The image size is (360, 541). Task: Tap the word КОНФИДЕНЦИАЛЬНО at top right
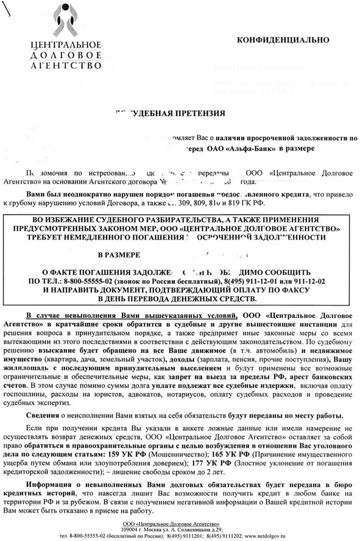(x=283, y=40)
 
